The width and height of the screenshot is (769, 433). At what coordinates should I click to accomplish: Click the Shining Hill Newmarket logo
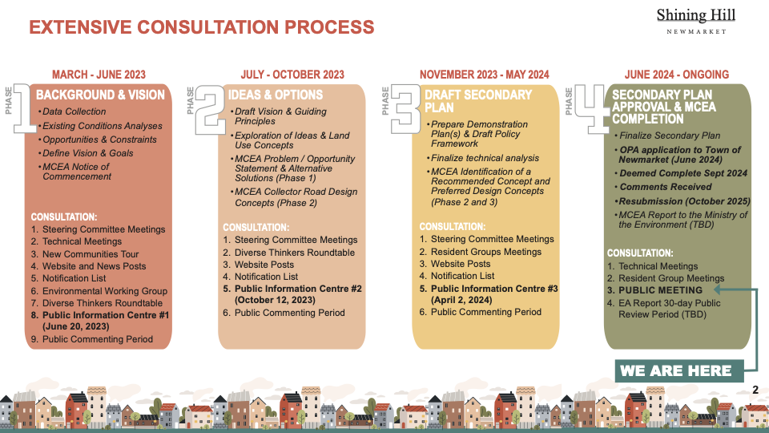coord(695,21)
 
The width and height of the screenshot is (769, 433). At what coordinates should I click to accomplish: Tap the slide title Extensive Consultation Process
coord(201,27)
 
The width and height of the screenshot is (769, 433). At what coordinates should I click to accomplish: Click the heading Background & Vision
coord(100,95)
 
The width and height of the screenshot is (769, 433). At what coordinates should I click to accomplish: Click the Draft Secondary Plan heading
coord(477,100)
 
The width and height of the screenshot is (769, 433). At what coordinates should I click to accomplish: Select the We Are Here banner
coord(675,370)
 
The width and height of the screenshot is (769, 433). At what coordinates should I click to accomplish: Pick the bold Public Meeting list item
coord(659,290)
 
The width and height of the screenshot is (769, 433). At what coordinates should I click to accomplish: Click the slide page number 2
coord(755,390)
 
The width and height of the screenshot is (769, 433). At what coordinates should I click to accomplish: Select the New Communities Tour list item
coord(91,254)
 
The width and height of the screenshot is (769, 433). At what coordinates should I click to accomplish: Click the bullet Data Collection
coord(74,111)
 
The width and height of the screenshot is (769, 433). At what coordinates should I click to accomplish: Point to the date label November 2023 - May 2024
coord(484,75)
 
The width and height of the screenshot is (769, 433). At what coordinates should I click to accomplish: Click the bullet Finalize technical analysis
coord(485,158)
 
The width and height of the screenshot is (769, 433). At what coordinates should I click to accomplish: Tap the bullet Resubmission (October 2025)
coord(684,200)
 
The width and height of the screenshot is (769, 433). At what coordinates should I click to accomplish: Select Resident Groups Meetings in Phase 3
coord(486,252)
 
